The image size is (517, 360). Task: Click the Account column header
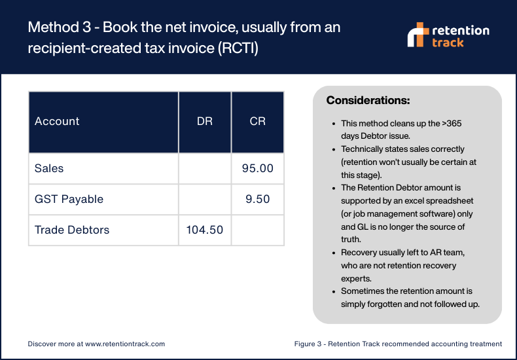coord(57,122)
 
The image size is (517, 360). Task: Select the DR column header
coord(204,122)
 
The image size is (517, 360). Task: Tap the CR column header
coord(257,122)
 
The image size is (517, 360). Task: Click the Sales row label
coord(49,169)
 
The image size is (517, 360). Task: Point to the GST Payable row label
coord(69,199)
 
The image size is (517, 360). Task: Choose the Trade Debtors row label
coord(72,230)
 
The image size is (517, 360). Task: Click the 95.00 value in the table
coord(257,169)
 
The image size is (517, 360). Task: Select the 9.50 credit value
coord(258,199)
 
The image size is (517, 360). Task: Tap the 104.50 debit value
coord(205,230)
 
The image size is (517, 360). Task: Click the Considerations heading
coord(368,101)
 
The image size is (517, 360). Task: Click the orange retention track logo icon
coord(418,35)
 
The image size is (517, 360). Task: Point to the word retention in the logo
coord(461,30)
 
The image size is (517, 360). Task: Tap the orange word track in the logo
coord(448,43)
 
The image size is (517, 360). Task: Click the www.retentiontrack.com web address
coord(124,343)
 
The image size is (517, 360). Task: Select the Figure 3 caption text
coord(397,343)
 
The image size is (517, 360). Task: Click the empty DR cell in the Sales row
coord(204,169)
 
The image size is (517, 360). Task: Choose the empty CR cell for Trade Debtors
coord(257,230)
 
